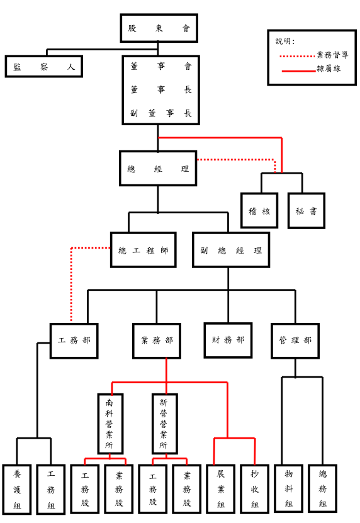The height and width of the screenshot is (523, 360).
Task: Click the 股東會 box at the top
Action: coord(159,28)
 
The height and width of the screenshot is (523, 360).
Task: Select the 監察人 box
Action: coord(43,67)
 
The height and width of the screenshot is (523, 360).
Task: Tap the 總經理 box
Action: coord(158,169)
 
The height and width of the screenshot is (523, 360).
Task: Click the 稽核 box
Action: coord(259,211)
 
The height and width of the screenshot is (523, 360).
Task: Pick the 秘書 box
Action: coord(307,211)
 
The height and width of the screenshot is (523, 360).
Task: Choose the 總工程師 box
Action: coord(143,250)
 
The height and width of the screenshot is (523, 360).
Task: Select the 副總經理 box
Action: coord(231,250)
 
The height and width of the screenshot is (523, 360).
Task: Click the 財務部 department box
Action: coord(228,340)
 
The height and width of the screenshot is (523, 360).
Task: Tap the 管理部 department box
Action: coord(295,341)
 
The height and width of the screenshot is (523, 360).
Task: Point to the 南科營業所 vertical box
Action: coord(110,424)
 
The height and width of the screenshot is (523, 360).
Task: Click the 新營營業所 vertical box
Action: coord(164,424)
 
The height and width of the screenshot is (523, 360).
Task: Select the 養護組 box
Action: coord(17,489)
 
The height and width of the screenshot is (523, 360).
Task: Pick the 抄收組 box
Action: coord(254,488)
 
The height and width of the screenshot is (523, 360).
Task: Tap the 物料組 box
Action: coord(289,488)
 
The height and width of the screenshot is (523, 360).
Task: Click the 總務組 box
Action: coord(323,488)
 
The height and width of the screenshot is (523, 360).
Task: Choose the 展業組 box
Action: coord(220,488)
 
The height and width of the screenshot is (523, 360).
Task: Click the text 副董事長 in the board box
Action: coord(161,113)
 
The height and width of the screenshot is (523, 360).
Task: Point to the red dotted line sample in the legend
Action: coord(297,57)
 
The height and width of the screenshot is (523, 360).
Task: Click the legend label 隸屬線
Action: coord(329,69)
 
